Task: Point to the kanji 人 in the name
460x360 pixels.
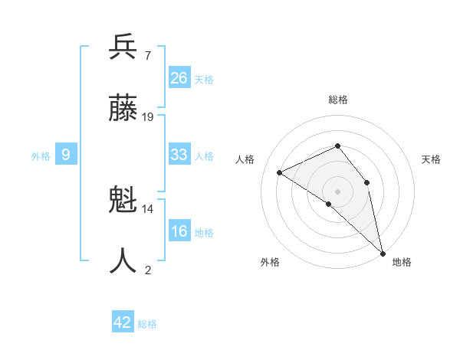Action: [x=123, y=260]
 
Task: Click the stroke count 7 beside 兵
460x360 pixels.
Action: [x=147, y=55]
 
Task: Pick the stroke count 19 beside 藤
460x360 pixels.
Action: [x=148, y=116]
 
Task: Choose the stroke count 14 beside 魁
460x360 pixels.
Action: [x=148, y=208]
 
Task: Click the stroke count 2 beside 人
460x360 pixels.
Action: [x=147, y=270]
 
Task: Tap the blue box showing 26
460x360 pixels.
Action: [x=179, y=77]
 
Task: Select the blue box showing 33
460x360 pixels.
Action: [x=179, y=155]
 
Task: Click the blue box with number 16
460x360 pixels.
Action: [x=179, y=231]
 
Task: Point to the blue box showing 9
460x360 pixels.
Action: [x=66, y=155]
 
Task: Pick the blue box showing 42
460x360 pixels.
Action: [x=123, y=322]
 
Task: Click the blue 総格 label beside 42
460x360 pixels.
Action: [x=147, y=324]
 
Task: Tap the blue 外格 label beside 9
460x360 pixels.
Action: [x=41, y=156]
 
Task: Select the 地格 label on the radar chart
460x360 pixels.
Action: [x=402, y=262]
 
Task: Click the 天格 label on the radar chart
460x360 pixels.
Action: [x=432, y=159]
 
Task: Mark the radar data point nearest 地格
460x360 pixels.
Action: [x=382, y=252]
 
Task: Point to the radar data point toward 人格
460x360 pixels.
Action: [x=280, y=172]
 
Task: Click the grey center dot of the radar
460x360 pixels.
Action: [x=337, y=191]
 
